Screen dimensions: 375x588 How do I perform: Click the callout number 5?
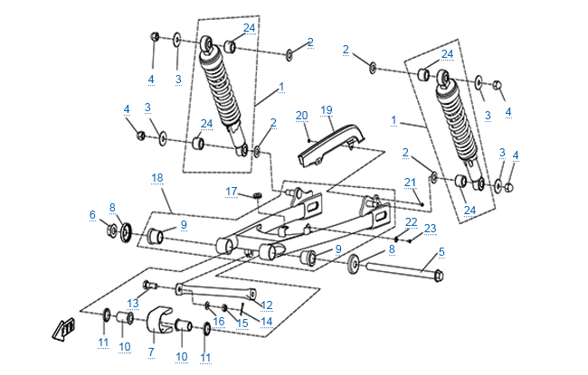click(441, 252)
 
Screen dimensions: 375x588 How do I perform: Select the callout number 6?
click(91, 214)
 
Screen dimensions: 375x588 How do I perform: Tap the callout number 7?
click(151, 351)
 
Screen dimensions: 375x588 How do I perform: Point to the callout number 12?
click(267, 305)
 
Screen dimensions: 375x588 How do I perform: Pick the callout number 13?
click(132, 303)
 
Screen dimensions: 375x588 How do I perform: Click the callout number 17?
click(232, 191)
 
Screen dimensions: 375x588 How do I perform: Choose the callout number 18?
click(157, 178)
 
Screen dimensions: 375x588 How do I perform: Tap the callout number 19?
click(327, 109)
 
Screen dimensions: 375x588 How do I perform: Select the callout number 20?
click(301, 115)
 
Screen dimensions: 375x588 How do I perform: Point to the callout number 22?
click(411, 221)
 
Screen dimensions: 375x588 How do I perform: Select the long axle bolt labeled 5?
click(398, 269)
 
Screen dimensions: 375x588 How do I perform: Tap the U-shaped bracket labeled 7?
click(159, 321)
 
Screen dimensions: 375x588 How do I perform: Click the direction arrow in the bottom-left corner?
click(64, 330)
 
